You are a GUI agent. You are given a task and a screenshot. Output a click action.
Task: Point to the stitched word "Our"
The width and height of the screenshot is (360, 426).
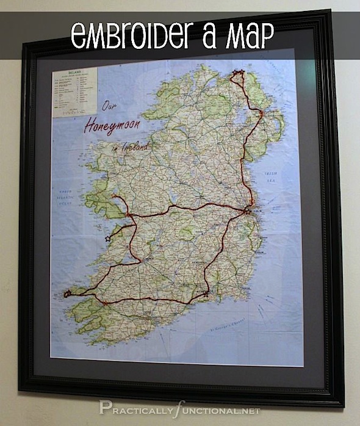tap(110, 105)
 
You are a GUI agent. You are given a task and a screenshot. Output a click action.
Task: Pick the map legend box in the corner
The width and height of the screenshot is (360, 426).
tap(75, 92)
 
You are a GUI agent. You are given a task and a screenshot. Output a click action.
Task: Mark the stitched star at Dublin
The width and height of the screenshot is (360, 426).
tap(247, 211)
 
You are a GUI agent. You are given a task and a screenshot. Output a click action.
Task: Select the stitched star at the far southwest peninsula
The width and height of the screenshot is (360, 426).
tap(67, 294)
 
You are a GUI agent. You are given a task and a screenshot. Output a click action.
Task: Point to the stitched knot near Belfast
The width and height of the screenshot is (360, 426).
tap(261, 114)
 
